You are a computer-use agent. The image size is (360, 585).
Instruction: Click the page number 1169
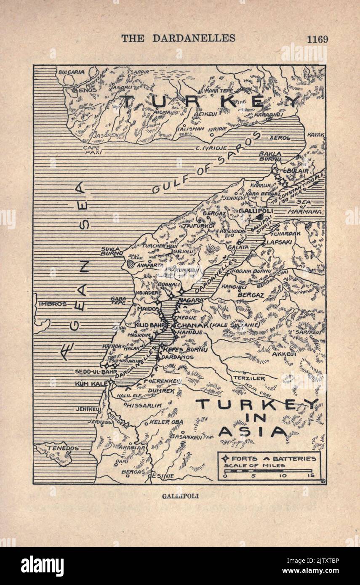pyautogui.click(x=317, y=39)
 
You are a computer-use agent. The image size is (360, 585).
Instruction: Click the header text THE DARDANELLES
pyautogui.click(x=178, y=38)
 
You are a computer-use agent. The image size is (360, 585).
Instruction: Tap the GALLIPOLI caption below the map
pyautogui.click(x=180, y=496)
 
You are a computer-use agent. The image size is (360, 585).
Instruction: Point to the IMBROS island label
pyautogui.click(x=53, y=304)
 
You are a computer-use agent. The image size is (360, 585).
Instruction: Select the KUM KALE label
pyautogui.click(x=91, y=384)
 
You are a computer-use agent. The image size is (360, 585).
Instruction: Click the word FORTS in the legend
pyautogui.click(x=244, y=458)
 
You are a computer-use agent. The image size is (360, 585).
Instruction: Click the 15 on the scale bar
pyautogui.click(x=311, y=476)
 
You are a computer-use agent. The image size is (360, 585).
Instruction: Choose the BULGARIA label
pyautogui.click(x=71, y=72)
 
